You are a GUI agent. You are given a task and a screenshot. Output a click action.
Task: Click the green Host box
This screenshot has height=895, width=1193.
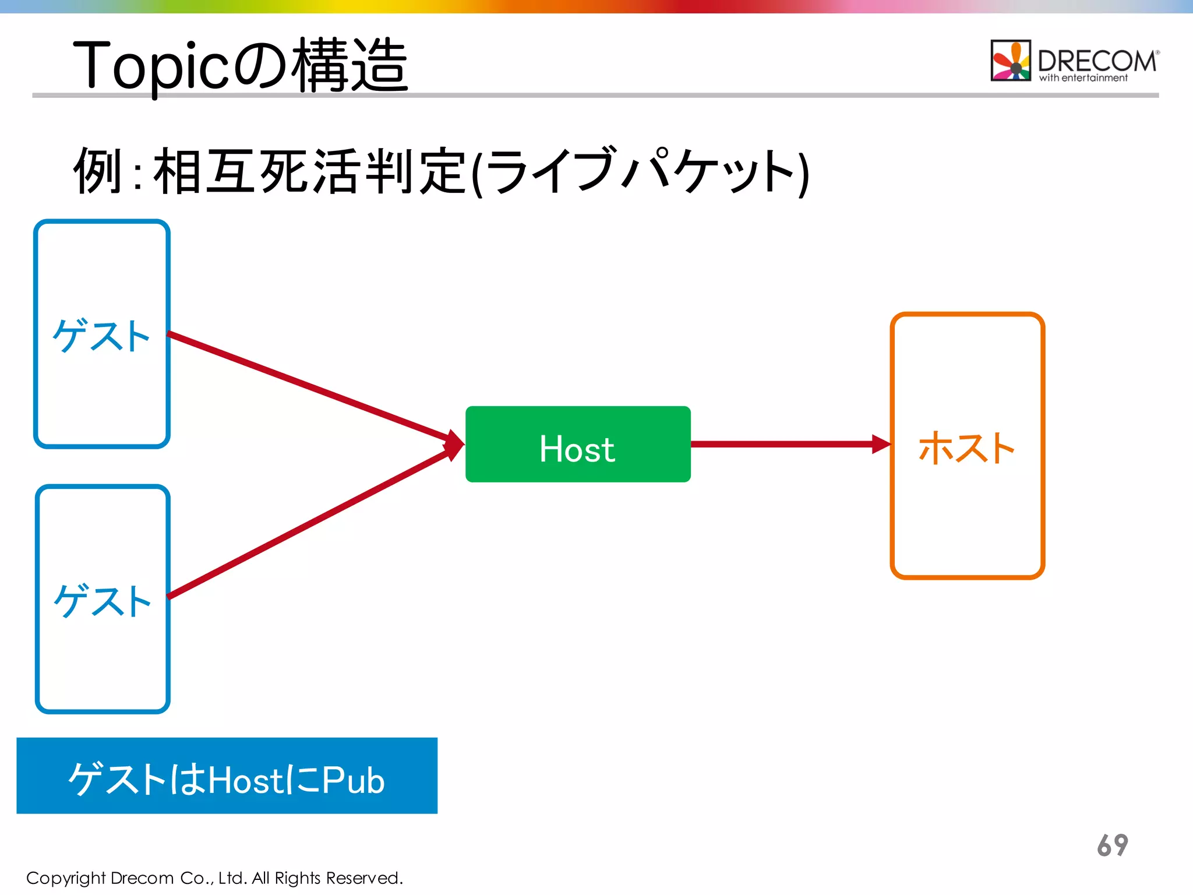coord(577,444)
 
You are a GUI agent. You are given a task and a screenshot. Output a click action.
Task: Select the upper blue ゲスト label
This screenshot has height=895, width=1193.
coord(101,336)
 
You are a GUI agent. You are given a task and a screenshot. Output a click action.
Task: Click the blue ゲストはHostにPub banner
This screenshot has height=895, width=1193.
coord(227,776)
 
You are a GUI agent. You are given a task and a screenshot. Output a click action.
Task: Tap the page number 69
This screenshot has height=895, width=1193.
coord(1112,845)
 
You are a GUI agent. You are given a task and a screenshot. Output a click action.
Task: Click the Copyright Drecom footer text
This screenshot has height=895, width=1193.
coord(214,878)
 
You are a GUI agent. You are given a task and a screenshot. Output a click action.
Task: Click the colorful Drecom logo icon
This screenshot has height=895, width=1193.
coord(1011,61)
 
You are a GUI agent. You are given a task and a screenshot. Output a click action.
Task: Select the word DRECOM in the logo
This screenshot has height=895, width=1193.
coord(1097,61)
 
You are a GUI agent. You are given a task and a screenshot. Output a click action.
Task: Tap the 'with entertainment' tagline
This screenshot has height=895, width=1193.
coord(1083,78)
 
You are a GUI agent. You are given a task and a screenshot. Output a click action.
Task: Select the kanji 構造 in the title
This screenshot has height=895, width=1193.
coord(350,65)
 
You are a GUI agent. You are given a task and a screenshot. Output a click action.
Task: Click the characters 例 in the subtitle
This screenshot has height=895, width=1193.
coord(98,171)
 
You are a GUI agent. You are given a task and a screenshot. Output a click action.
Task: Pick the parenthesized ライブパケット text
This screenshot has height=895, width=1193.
coord(641,171)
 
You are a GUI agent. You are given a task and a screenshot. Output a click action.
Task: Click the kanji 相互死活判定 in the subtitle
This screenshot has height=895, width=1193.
coord(309,171)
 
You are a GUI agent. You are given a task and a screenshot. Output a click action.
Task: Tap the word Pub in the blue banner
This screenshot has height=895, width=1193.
coord(353,780)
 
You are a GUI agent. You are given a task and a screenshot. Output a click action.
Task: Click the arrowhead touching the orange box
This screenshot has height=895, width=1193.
coord(881,444)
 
